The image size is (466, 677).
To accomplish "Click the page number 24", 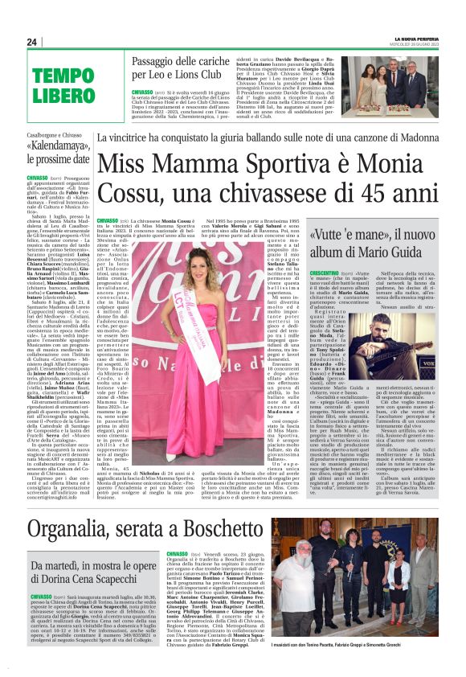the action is pyautogui.click(x=31, y=42).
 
